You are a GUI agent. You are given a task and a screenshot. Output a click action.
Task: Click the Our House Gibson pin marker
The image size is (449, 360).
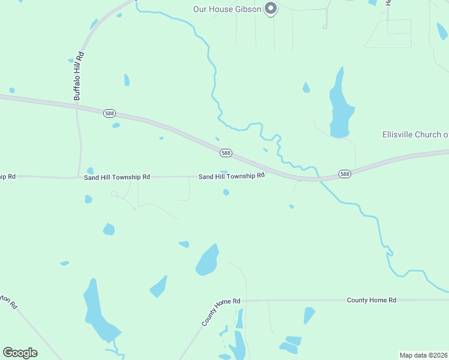click(271, 8)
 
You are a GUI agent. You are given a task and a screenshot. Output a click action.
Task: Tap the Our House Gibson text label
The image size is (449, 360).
click(227, 9)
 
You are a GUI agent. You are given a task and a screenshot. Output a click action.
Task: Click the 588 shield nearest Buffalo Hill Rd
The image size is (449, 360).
click(109, 113)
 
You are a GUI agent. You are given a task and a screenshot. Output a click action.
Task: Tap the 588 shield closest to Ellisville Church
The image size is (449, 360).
click(344, 174)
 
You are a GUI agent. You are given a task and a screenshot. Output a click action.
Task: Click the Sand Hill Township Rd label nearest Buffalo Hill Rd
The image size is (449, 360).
click(117, 178)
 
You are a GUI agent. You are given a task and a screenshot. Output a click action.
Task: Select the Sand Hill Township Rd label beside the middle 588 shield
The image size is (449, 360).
click(232, 176)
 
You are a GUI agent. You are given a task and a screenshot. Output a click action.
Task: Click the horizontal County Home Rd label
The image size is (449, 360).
click(372, 299)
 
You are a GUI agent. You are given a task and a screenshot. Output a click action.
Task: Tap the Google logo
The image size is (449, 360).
click(20, 353)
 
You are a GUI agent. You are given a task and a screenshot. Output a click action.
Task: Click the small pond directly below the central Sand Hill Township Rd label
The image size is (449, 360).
click(226, 192)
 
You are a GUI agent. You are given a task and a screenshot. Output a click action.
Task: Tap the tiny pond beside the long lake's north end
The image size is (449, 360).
click(306, 88)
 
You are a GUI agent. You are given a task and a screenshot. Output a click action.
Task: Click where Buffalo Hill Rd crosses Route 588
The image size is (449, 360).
click(77, 107)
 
